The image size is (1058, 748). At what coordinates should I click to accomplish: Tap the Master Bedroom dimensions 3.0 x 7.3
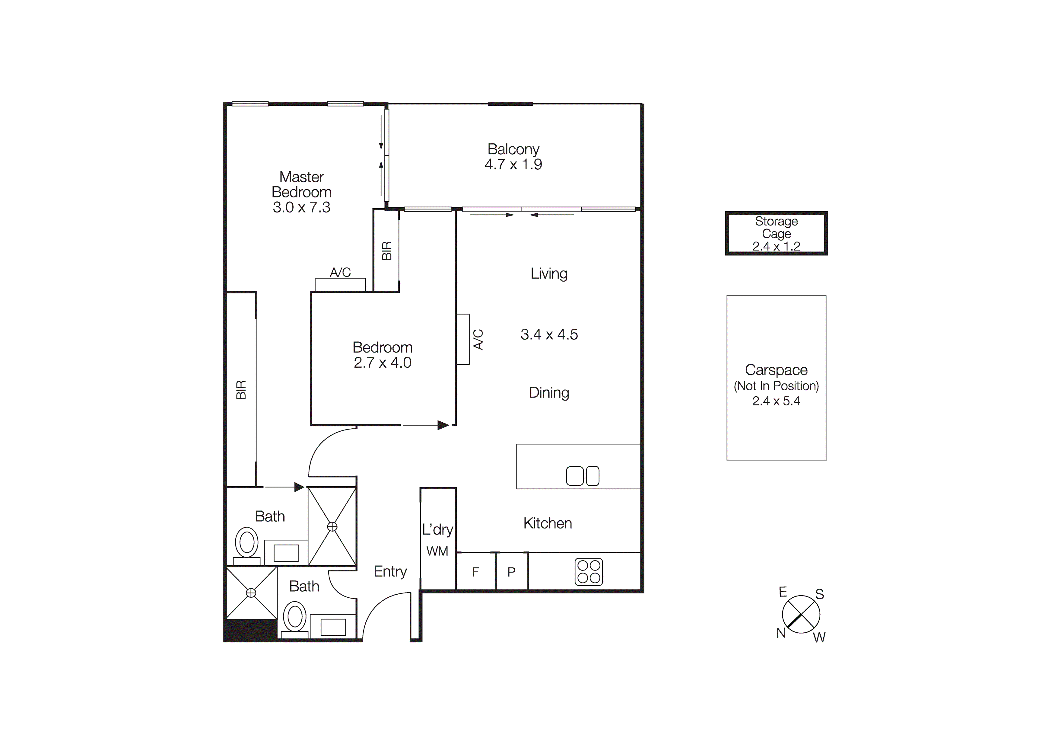(x=301, y=207)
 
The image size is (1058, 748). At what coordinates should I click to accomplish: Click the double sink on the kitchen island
(x=583, y=476)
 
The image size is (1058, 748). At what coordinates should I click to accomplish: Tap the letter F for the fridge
(x=475, y=572)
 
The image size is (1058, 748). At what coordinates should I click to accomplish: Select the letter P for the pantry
(x=511, y=572)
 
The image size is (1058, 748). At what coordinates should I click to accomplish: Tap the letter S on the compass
(x=819, y=594)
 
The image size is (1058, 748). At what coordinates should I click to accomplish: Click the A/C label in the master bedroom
(x=340, y=273)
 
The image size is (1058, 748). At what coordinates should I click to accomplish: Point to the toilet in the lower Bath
(x=295, y=617)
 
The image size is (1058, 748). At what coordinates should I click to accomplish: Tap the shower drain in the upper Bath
(x=332, y=527)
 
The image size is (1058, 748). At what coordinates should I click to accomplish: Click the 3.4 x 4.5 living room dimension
(x=549, y=334)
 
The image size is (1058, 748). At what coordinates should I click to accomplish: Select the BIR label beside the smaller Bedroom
(x=387, y=251)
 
